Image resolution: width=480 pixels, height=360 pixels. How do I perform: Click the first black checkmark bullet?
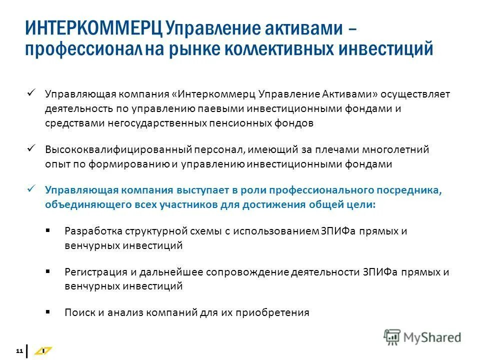[31, 93]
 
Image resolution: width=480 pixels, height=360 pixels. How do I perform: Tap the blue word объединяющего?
[82, 204]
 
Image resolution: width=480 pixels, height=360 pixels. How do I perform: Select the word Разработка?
[90, 231]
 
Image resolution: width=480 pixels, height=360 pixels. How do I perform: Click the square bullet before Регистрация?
[47, 271]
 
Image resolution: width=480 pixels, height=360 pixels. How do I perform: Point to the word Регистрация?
[93, 272]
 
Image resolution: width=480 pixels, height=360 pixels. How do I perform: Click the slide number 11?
[19, 351]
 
